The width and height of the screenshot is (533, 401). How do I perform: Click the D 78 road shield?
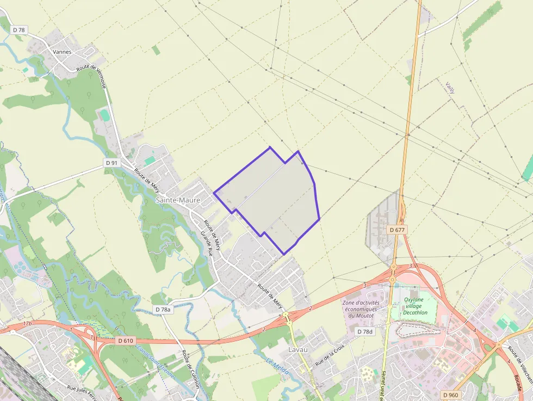coord(19,30)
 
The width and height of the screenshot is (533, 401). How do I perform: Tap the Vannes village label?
coord(63,52)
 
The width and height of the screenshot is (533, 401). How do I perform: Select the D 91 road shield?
coord(111,163)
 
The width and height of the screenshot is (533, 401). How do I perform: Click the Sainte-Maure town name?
coord(178,200)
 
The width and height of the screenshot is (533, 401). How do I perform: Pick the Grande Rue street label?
coord(206,244)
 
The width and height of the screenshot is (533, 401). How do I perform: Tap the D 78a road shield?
coord(163,309)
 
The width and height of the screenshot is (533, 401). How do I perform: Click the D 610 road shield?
coord(125,341)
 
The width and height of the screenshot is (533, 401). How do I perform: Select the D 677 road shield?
coord(398,230)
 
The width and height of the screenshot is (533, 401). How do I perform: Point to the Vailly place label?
coord(450,88)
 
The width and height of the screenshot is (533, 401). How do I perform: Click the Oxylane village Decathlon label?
coord(416,306)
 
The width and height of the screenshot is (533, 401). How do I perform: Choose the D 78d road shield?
coord(365,331)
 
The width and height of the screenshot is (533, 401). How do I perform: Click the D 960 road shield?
coord(451,394)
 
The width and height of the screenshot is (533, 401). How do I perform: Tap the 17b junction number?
coord(27,324)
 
